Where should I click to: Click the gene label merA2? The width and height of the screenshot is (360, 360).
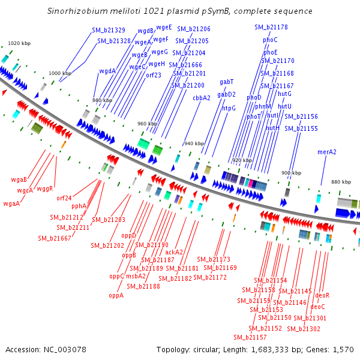[x=327, y=152]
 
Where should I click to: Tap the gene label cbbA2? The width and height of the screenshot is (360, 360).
[x=202, y=98]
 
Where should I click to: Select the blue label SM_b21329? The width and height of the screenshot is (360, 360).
[x=109, y=30]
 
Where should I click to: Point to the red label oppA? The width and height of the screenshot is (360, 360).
[x=116, y=295]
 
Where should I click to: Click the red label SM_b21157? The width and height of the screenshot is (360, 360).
[x=250, y=337]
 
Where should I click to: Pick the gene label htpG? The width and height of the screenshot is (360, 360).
[x=229, y=108]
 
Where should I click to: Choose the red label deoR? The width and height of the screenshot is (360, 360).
[x=322, y=295]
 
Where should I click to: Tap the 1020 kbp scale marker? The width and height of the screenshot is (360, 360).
[x=19, y=43]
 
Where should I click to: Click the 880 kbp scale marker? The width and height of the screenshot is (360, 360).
[x=341, y=182]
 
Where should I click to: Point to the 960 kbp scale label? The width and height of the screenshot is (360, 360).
[x=148, y=124]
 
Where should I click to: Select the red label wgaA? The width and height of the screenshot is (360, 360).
[x=11, y=203]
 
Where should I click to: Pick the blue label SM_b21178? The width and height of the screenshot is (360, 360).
[x=271, y=27]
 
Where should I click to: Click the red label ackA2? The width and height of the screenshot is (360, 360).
[x=174, y=252]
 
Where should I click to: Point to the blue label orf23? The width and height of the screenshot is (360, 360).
[x=154, y=75]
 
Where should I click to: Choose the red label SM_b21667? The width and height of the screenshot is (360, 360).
[x=55, y=238]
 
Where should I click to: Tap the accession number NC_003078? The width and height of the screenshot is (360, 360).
[x=65, y=350]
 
